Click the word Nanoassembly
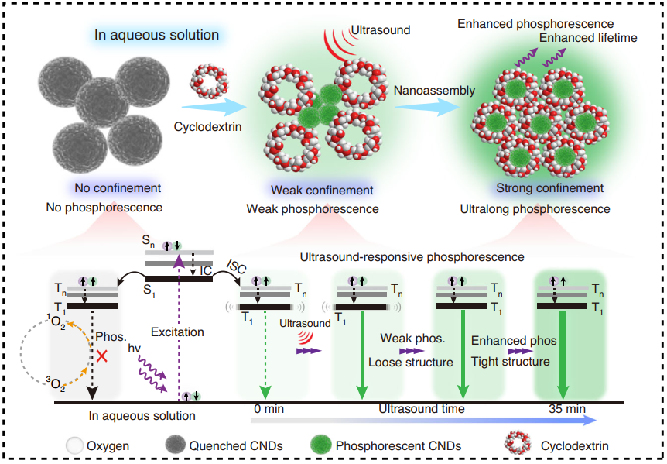point(434,91)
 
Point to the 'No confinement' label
point(118,187)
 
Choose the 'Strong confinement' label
point(549,187)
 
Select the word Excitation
point(178,332)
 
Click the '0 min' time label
point(266,408)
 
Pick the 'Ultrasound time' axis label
point(422,408)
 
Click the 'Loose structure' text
point(410,362)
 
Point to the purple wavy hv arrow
point(149,377)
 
